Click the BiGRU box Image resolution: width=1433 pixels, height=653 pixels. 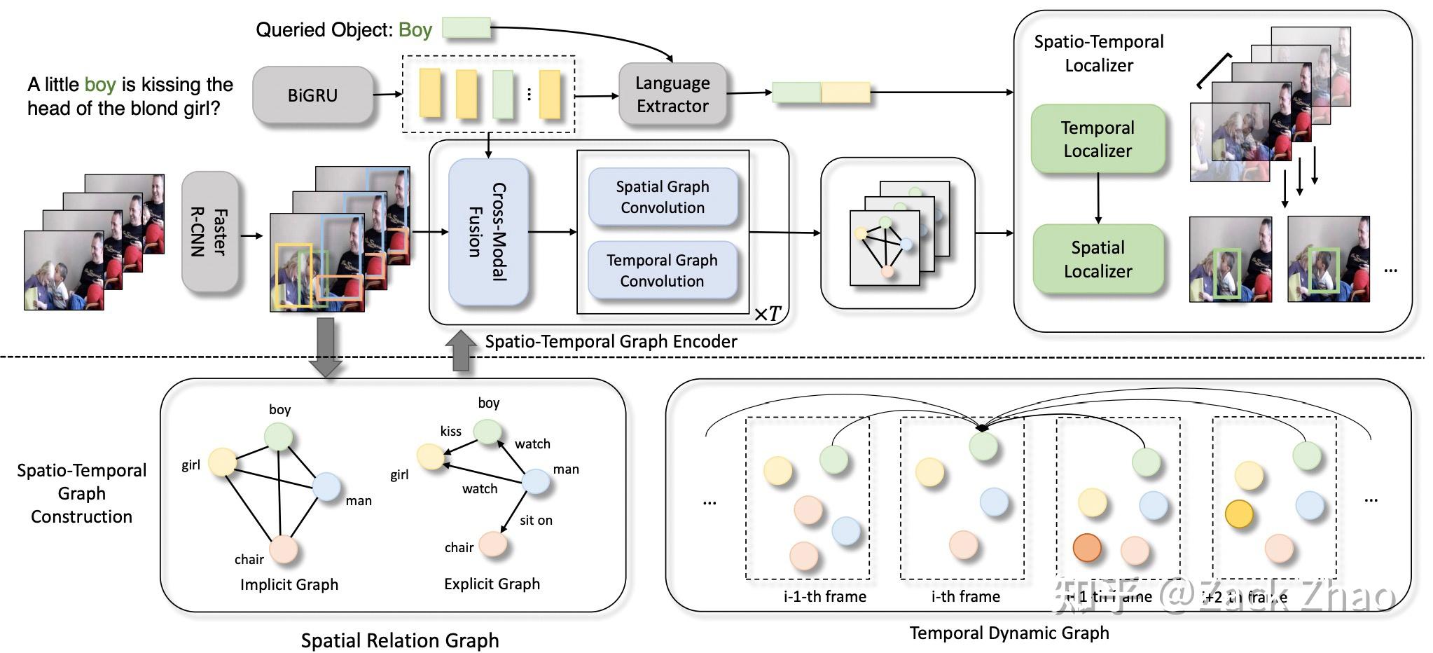pos(312,95)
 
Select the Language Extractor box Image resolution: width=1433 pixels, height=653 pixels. pos(672,95)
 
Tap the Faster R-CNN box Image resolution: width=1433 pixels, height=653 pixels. pos(209,232)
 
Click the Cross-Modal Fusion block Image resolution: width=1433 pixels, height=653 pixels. pos(487,232)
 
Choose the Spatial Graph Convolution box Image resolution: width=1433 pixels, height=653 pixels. pos(663,197)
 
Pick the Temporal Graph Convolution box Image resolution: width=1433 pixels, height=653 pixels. pos(662,270)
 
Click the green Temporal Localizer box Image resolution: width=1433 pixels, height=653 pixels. pos(1098,139)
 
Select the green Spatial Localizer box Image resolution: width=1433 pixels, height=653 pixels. pos(1098,259)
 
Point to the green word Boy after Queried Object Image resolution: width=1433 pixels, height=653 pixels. pos(415,29)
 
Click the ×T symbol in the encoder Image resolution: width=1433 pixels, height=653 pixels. pos(768,314)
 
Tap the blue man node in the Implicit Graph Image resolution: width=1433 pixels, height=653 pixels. pos(326,486)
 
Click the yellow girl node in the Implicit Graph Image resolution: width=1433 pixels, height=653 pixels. pos(223,462)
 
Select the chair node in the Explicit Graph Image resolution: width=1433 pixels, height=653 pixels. pos(493,544)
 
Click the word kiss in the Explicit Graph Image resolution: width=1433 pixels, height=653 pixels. pos(450,431)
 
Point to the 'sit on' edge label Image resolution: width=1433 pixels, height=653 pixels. pos(536,520)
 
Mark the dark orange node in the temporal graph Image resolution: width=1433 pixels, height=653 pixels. pos(1086,547)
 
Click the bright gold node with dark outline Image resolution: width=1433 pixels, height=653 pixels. pos(1239,514)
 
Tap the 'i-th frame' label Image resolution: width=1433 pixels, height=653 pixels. pos(965,596)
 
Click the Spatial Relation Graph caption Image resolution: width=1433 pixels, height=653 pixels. pos(400,640)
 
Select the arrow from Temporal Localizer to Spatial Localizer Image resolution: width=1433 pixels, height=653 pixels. pos(1098,198)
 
